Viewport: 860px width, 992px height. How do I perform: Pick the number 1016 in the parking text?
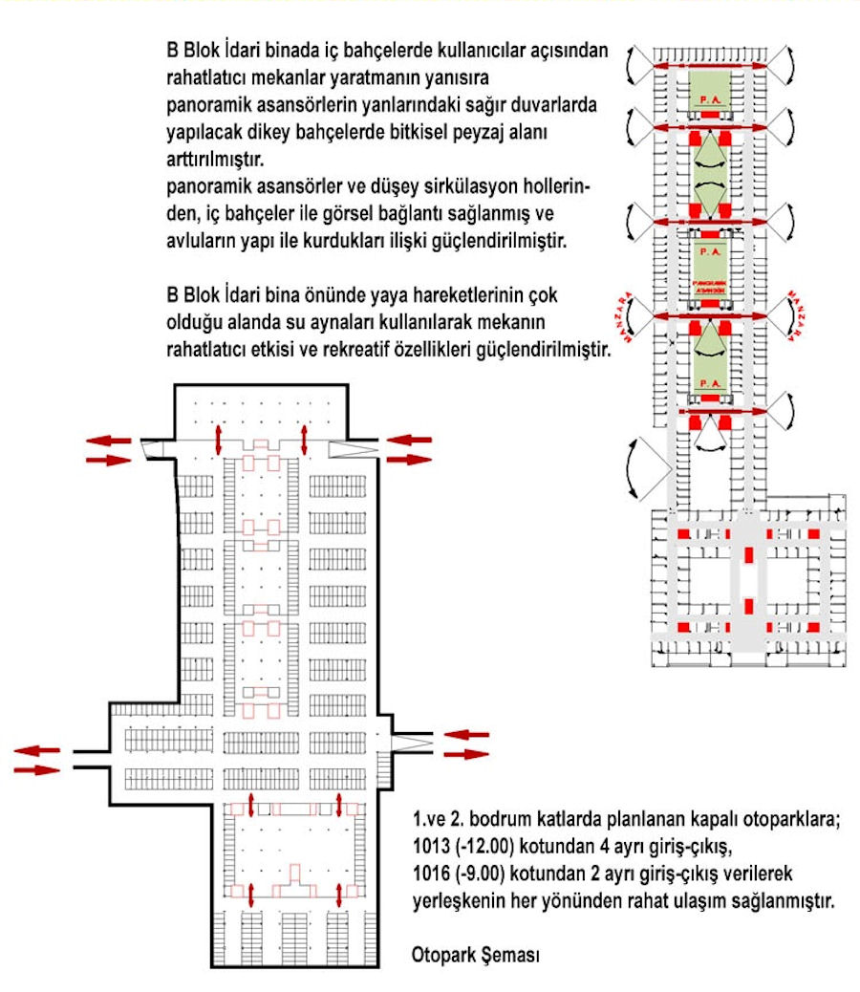click(430, 873)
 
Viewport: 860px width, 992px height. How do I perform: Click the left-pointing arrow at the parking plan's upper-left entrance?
click(108, 440)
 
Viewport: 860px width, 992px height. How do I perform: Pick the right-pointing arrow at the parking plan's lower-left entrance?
click(36, 769)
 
